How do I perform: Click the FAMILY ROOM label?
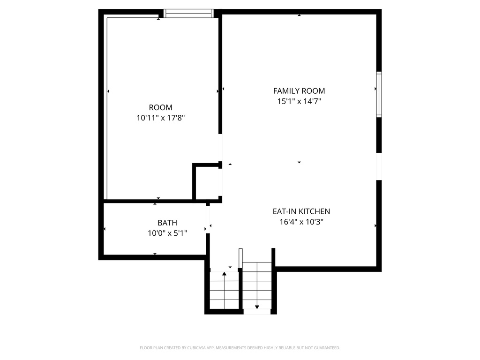click(x=299, y=91)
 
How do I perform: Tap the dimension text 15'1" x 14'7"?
click(x=299, y=101)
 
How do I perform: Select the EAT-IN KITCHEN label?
click(x=301, y=211)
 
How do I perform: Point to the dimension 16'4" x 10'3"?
click(x=301, y=222)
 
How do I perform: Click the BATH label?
click(x=167, y=223)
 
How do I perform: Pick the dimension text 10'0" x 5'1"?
click(x=167, y=232)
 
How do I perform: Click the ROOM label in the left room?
click(x=160, y=107)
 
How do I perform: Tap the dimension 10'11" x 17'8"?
click(x=160, y=118)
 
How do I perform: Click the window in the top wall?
click(x=188, y=14)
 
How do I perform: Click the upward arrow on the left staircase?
click(x=224, y=273)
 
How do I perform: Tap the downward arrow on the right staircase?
click(x=257, y=307)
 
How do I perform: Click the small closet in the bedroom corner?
click(x=207, y=182)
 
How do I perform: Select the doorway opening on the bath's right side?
click(x=208, y=220)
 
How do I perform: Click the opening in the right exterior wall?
click(x=379, y=166)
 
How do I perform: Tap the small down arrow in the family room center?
click(x=299, y=162)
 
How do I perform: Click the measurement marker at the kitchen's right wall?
click(x=375, y=226)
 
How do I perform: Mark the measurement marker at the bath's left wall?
click(x=105, y=229)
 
